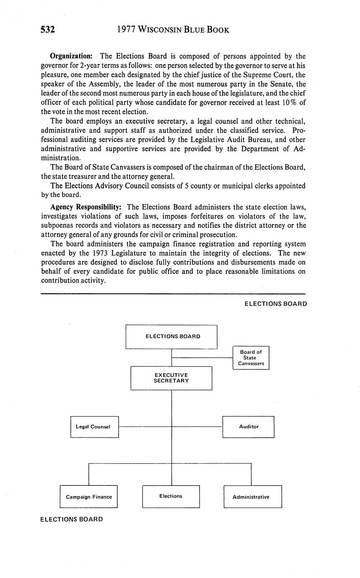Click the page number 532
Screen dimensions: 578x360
pyautogui.click(x=48, y=30)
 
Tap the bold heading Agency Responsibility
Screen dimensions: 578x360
pyautogui.click(x=86, y=207)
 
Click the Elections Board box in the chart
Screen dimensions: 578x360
pyautogui.click(x=171, y=336)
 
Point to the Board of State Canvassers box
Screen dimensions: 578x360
pyautogui.click(x=251, y=358)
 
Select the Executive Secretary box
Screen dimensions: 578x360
pyautogui.click(x=171, y=378)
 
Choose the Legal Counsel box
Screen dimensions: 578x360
pyautogui.click(x=94, y=427)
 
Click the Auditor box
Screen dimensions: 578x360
pyautogui.click(x=248, y=427)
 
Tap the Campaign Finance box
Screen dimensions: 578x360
pyautogui.click(x=88, y=497)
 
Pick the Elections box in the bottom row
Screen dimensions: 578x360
pyautogui.click(x=171, y=496)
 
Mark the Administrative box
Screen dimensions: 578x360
pyautogui.click(x=252, y=497)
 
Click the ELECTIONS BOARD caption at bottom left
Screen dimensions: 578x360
pyautogui.click(x=71, y=519)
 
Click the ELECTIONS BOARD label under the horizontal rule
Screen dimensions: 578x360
pyautogui.click(x=275, y=304)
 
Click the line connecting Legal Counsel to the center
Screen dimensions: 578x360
pyautogui.click(x=145, y=427)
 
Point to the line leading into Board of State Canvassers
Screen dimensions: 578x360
pyautogui.click(x=202, y=358)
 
